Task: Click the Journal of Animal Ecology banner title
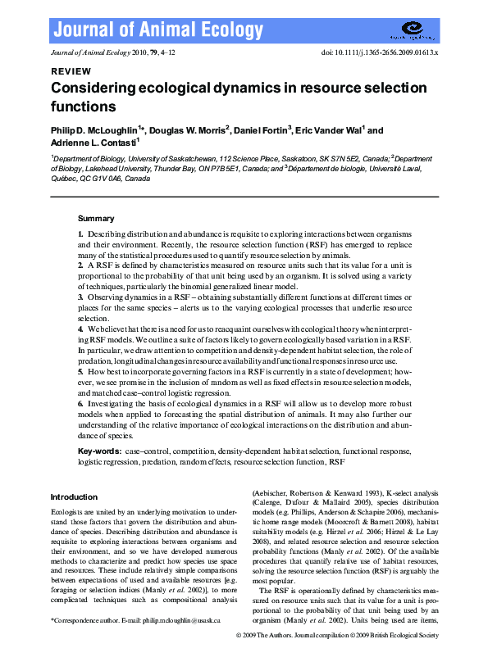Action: [158, 31]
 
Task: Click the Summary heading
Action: [96, 219]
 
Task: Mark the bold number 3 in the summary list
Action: [80, 297]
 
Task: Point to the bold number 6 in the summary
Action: [80, 405]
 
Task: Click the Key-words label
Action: [99, 452]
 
